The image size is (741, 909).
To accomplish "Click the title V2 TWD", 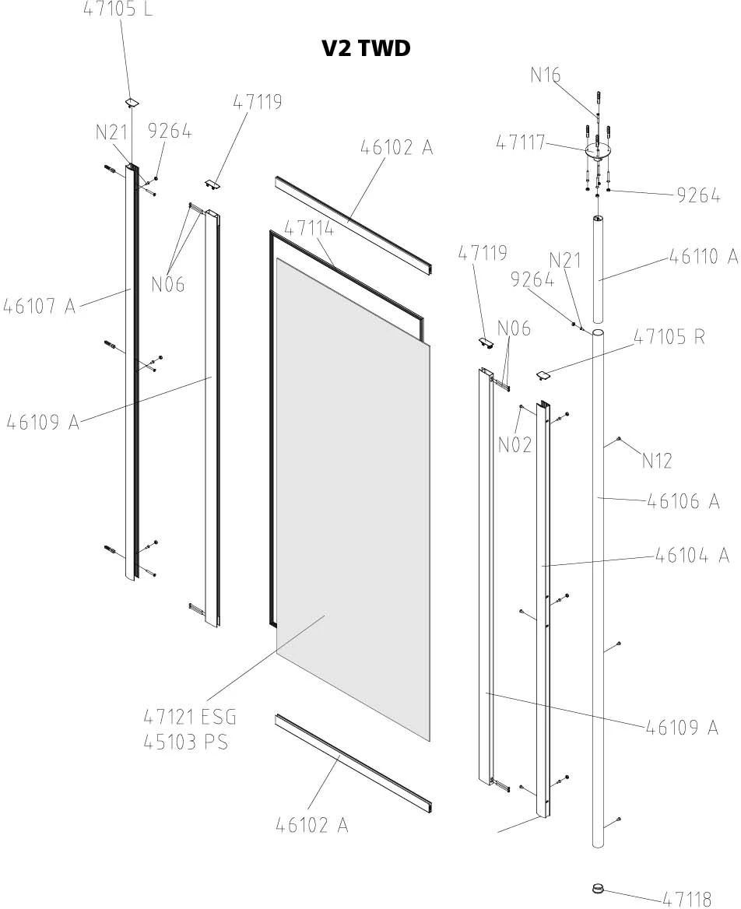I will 366,48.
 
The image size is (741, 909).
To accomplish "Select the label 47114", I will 309,228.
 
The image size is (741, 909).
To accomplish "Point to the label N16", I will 546,75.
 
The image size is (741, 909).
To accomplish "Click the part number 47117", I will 522,142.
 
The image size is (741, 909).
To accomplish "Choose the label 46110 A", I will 703,257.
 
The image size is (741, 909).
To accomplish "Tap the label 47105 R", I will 669,337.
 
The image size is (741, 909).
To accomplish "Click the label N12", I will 656,461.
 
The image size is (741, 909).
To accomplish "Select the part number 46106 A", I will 683,501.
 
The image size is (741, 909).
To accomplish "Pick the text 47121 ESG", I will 189,716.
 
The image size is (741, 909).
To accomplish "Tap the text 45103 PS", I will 186,742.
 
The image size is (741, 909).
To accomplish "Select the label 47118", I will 687,899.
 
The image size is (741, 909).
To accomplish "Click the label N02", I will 514,445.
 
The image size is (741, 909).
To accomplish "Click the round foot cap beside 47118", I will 598,888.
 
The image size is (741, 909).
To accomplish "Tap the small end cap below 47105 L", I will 132,102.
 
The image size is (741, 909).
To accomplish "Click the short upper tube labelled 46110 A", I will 598,268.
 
